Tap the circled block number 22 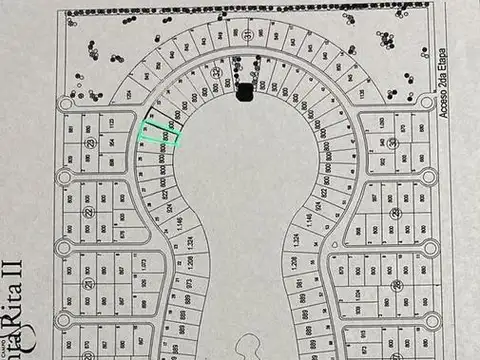(88, 212)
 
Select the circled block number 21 (88, 284)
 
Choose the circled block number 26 (397, 285)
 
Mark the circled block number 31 (246, 34)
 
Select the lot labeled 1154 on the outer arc (131, 92)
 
